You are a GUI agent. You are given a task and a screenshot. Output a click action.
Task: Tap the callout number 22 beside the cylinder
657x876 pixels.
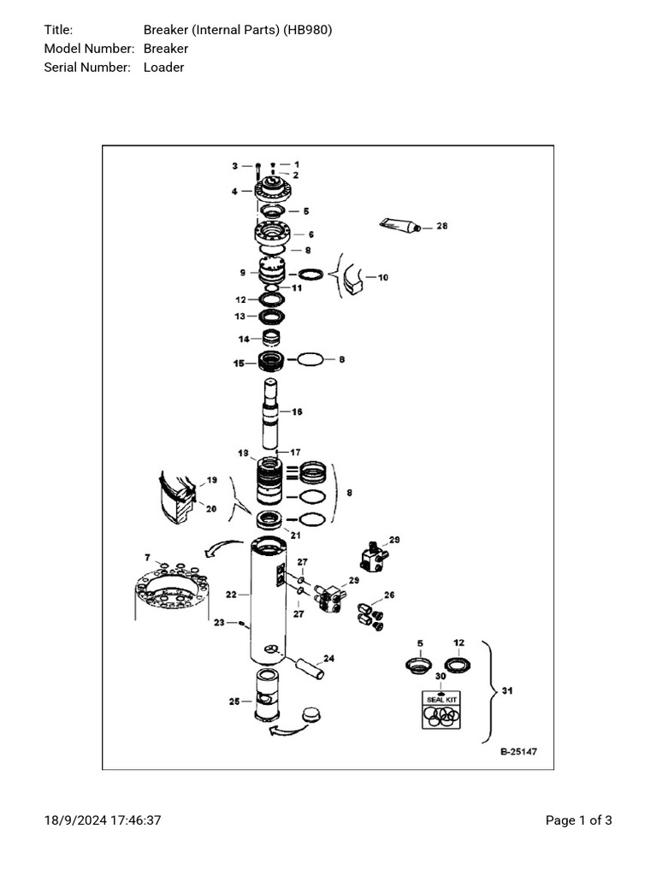[231, 594]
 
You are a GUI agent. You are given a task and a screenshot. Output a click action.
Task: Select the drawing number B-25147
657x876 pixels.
[518, 752]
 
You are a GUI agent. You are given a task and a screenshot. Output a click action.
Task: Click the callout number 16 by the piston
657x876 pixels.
[297, 411]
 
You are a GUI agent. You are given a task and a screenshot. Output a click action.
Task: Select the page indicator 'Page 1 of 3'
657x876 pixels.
[578, 820]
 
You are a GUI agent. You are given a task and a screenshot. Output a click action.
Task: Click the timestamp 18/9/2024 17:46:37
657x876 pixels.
[103, 820]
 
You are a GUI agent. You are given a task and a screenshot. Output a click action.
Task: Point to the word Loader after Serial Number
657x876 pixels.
[163, 67]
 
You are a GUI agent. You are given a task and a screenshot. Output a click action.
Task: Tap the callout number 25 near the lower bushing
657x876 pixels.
[234, 702]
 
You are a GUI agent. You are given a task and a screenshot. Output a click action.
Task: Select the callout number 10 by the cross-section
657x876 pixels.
[382, 277]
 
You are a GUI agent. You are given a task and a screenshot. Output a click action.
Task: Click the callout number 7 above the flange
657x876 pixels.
[148, 557]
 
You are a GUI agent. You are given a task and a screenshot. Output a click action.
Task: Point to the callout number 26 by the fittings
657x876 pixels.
[389, 595]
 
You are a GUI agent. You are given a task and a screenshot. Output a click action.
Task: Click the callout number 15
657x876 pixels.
[239, 364]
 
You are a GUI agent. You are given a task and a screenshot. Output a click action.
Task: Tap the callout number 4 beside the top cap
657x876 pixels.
[234, 192]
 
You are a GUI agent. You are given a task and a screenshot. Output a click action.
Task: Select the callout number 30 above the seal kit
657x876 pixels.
[441, 676]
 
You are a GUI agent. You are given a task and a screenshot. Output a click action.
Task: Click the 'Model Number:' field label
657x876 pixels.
[89, 49]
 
